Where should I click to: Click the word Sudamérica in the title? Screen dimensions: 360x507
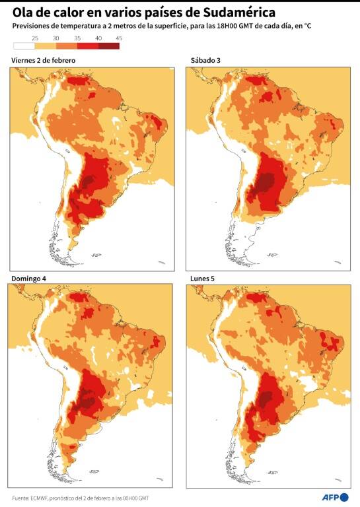(239, 13)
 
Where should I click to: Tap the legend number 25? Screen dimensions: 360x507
(34, 38)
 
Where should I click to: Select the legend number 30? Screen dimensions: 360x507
(56, 38)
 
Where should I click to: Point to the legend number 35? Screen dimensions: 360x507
(77, 38)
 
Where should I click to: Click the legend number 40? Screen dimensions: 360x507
(98, 38)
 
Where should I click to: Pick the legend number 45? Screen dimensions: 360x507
(119, 38)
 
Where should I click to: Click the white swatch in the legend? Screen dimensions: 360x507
(24, 46)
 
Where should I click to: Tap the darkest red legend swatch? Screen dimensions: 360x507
(109, 46)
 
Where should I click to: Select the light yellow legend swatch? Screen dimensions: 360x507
(46, 46)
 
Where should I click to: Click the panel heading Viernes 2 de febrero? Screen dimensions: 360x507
(44, 61)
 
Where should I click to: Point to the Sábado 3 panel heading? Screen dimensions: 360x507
(205, 60)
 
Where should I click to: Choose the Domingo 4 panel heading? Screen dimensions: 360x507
(29, 279)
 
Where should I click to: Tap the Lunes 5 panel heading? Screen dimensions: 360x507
(202, 279)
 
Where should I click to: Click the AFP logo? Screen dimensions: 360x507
(335, 497)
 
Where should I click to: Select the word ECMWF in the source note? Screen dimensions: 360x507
(39, 498)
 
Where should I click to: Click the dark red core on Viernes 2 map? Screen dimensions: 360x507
(89, 182)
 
